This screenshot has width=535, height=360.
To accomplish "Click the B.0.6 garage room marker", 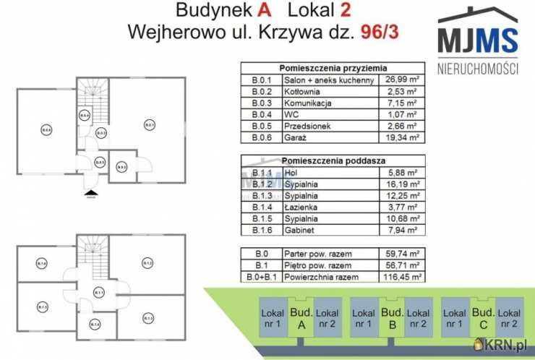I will point(46,130).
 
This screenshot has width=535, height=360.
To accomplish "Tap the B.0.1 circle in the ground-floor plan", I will point(149,126).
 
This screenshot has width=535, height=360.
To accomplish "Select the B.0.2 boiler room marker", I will point(122,168).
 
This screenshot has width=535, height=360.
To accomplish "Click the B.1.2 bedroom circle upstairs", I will point(147,263).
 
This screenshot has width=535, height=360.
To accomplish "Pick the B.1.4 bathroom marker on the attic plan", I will point(95,325).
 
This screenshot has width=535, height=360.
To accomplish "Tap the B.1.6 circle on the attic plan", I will point(43,264).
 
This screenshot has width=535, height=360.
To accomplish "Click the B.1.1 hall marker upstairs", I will point(99,292).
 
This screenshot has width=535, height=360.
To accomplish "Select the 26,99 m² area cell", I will point(402,80).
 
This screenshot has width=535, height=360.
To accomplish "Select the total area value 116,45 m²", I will point(402,276).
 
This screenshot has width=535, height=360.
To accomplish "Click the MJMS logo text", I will point(478,40).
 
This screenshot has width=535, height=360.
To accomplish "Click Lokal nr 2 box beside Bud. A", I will point(328,318).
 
